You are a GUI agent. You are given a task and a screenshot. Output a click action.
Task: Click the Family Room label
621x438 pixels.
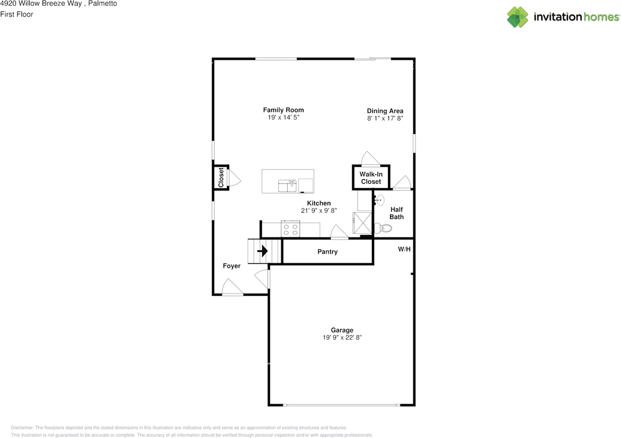[283, 110]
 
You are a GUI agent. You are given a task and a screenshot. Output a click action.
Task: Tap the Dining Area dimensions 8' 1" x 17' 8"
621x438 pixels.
[385, 118]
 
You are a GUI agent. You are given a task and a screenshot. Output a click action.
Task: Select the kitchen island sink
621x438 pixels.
[287, 185]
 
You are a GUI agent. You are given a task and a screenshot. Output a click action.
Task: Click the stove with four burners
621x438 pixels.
[290, 229]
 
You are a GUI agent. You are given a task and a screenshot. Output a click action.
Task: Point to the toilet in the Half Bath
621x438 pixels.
[383, 228]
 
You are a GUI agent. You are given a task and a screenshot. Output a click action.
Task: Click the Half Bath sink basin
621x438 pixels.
[380, 200]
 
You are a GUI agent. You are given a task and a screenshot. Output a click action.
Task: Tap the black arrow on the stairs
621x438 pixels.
[262, 251]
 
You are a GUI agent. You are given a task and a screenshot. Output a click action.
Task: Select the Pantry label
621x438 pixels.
[327, 252]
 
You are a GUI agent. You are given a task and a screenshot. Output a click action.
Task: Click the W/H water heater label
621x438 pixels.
[404, 249]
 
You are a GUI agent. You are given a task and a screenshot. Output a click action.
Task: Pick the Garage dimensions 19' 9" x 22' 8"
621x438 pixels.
[342, 337]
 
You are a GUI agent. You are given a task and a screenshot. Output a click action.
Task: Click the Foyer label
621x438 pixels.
[231, 266]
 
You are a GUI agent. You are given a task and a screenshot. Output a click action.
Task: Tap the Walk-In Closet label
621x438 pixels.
[371, 178]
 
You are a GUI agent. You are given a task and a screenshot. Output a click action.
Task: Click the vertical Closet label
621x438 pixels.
[221, 177]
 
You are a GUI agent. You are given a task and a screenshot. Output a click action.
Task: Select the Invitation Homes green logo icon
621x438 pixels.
[518, 17]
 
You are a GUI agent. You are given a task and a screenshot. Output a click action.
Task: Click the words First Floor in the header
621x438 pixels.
[16, 15]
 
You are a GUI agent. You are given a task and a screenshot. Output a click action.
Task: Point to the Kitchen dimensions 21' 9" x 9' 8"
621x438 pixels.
[319, 211]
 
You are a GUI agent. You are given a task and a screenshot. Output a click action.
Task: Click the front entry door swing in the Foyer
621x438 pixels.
[232, 286]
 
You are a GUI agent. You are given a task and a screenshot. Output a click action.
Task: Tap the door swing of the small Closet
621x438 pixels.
[234, 178]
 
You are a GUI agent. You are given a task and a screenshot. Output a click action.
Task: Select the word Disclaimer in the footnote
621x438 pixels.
[22, 428]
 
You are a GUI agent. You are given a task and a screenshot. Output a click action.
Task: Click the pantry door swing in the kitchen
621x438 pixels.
[339, 232]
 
